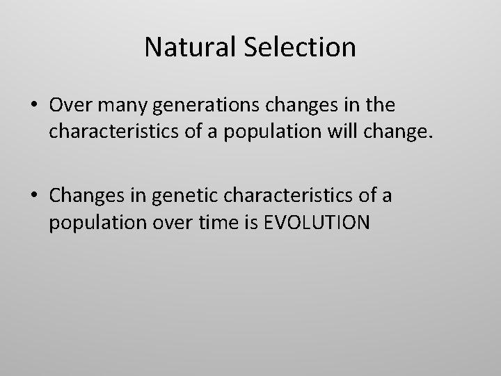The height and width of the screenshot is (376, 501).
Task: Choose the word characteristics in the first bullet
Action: pyautogui.click(x=119, y=134)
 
